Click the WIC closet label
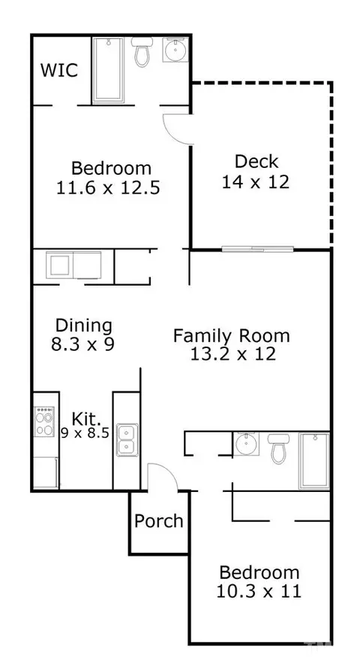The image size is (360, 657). pos(59,70)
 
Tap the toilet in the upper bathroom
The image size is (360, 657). pos(142,52)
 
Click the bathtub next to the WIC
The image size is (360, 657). pos(108,70)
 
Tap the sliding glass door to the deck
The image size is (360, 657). pos(257,249)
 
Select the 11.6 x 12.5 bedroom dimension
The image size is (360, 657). pos(108,187)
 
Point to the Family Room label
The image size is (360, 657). pos(232,336)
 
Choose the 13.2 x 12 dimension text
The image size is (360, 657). pos(233,354)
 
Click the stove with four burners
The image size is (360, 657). pos(44,421)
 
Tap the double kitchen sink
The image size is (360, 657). pos(126,439)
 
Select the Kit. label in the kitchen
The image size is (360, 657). pos(86,418)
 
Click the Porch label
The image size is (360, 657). pos(159,520)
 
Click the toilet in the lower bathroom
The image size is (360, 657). pos(278,448)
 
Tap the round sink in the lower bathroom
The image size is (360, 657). pos(246,444)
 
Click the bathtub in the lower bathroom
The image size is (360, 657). pos(314,461)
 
